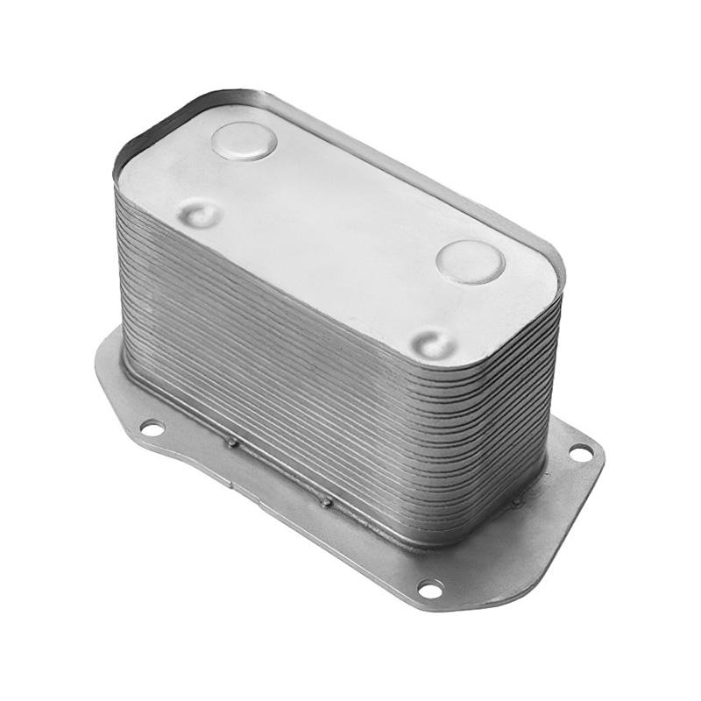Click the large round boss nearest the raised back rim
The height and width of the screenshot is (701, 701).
click(244, 140)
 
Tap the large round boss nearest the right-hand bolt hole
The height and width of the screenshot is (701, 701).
click(471, 260)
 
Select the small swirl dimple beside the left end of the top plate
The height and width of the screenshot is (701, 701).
click(199, 213)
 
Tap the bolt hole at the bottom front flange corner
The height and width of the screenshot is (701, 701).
click(430, 587)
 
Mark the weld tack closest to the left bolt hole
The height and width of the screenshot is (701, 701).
click(231, 443)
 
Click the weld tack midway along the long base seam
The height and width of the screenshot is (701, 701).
click(326, 501)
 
